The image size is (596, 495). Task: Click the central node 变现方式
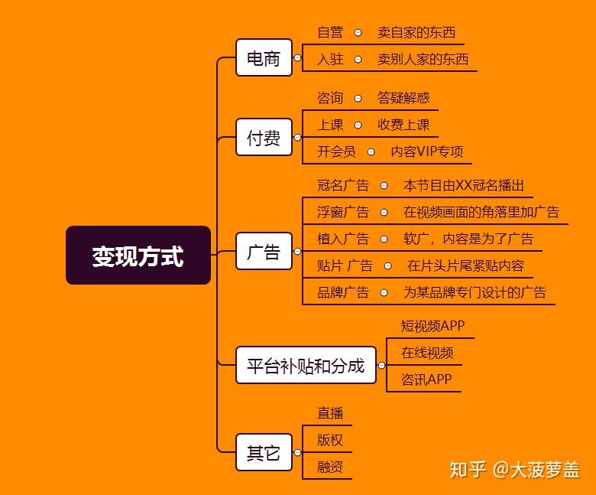click(x=138, y=256)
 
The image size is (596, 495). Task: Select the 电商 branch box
click(x=264, y=58)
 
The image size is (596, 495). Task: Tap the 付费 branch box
click(x=264, y=138)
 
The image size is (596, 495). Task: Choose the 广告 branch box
click(x=264, y=252)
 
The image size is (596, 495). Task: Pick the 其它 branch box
click(x=264, y=453)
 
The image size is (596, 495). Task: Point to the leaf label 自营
click(x=330, y=33)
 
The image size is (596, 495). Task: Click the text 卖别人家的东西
click(x=423, y=59)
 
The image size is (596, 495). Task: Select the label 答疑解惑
click(x=403, y=98)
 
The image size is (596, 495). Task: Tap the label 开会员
click(x=336, y=151)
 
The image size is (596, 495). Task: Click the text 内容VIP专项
click(x=427, y=151)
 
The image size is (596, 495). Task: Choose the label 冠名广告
click(x=342, y=185)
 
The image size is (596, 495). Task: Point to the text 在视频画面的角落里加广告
click(x=481, y=212)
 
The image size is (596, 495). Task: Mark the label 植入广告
click(x=342, y=239)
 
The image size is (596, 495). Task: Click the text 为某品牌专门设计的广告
click(x=475, y=292)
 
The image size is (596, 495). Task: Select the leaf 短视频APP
click(x=432, y=325)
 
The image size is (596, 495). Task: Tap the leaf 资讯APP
click(x=426, y=379)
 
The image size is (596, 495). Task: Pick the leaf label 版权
click(x=330, y=440)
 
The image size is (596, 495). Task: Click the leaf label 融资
click(x=330, y=467)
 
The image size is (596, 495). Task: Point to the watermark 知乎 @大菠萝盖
click(x=515, y=469)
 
